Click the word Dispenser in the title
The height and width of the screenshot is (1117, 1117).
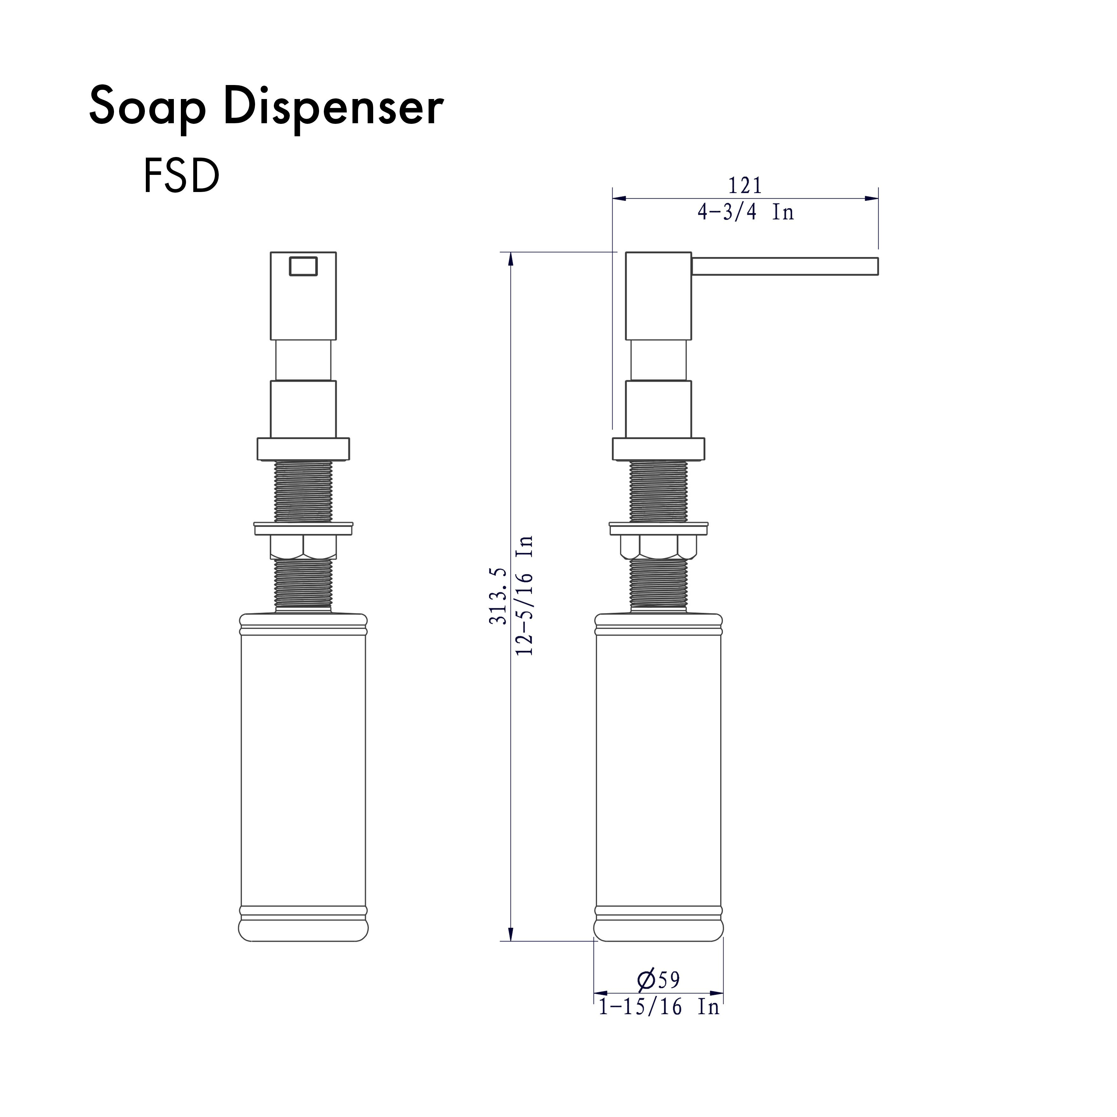click(x=334, y=107)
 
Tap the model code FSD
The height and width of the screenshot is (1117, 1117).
click(x=181, y=176)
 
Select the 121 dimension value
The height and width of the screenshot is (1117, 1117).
click(x=745, y=186)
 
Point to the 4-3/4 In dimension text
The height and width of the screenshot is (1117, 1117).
click(x=745, y=213)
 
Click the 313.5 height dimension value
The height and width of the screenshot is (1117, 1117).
click(x=498, y=596)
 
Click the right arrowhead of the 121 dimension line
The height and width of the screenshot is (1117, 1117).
click(x=872, y=198)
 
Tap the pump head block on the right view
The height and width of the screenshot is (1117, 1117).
click(x=658, y=296)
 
